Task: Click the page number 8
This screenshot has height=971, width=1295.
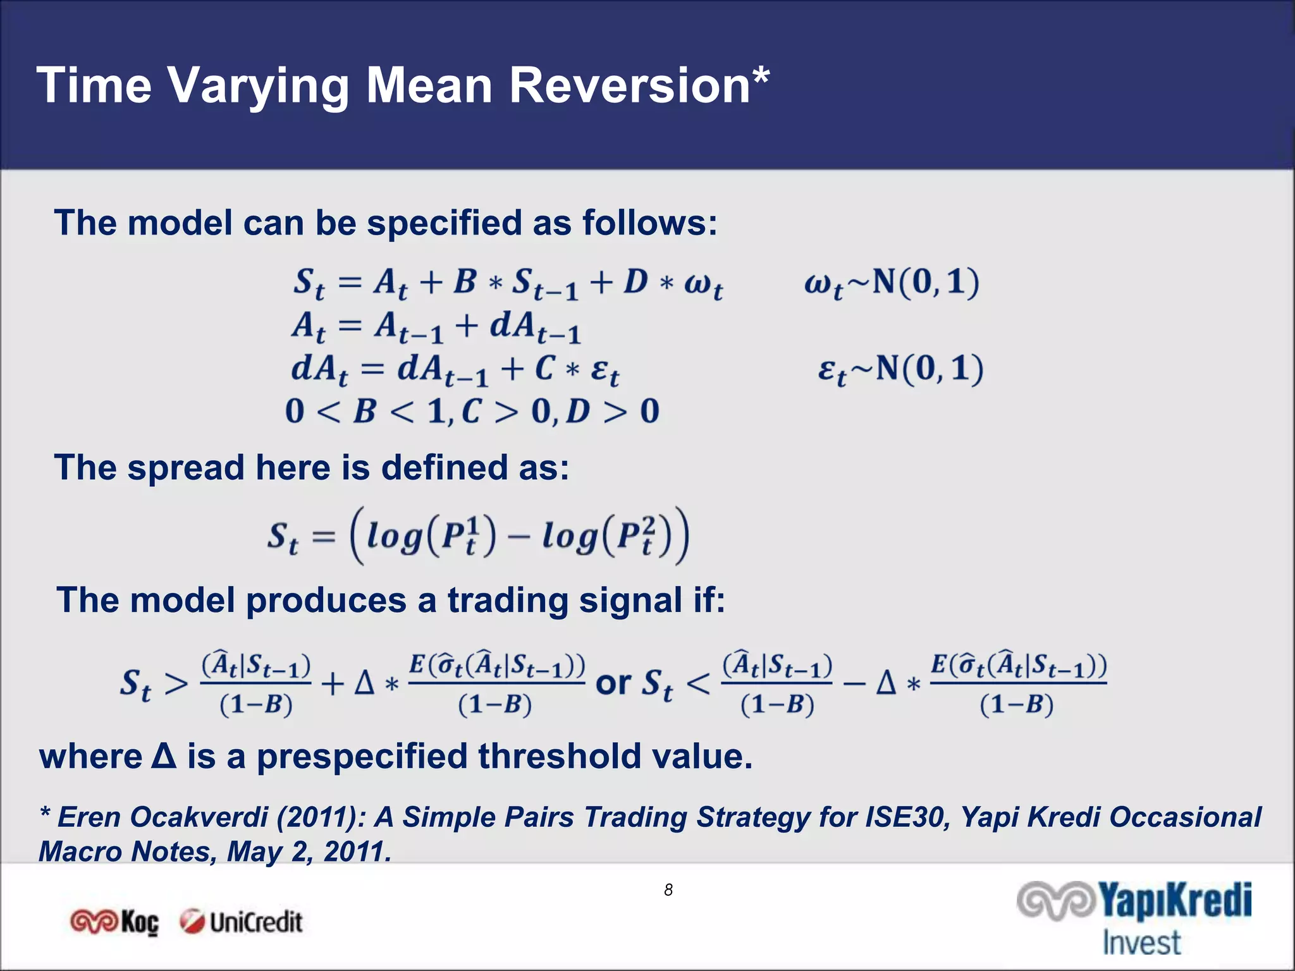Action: [x=668, y=890]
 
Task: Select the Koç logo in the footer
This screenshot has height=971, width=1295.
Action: [x=114, y=922]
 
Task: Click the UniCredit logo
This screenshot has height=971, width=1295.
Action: [x=241, y=922]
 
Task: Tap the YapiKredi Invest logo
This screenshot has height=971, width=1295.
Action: [x=1135, y=917]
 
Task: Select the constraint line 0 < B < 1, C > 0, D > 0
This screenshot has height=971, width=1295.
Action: [x=472, y=412]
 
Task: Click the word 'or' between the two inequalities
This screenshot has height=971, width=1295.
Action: [x=613, y=683]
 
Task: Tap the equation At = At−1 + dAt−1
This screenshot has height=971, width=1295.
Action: [x=436, y=327]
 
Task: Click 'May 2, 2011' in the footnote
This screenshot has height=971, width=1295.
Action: [x=310, y=852]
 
